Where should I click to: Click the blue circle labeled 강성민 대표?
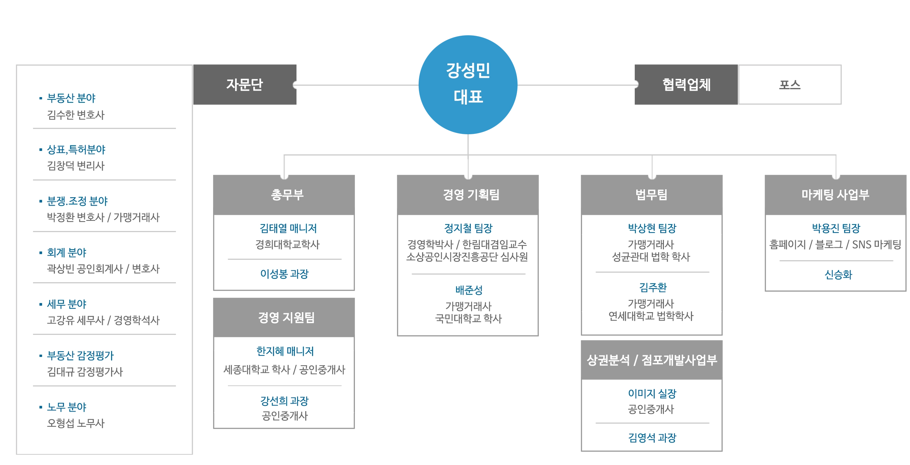click(468, 84)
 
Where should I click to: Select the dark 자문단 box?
click(245, 85)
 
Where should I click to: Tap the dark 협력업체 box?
click(686, 85)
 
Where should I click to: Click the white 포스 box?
click(790, 85)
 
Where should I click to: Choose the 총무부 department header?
click(287, 195)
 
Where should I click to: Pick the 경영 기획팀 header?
click(471, 195)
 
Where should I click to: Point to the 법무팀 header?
click(651, 195)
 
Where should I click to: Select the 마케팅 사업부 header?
click(835, 195)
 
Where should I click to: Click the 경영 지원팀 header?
click(286, 317)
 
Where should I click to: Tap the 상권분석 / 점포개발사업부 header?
click(652, 360)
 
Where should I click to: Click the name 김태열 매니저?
click(288, 228)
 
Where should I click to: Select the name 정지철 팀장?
click(468, 228)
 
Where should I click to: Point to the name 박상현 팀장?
click(652, 228)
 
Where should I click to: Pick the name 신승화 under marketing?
click(838, 275)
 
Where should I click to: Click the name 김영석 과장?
click(652, 438)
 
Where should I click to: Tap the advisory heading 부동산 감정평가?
click(80, 355)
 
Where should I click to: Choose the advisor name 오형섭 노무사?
click(75, 423)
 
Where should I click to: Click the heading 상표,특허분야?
click(76, 149)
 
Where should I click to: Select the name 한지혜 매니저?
click(285, 351)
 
